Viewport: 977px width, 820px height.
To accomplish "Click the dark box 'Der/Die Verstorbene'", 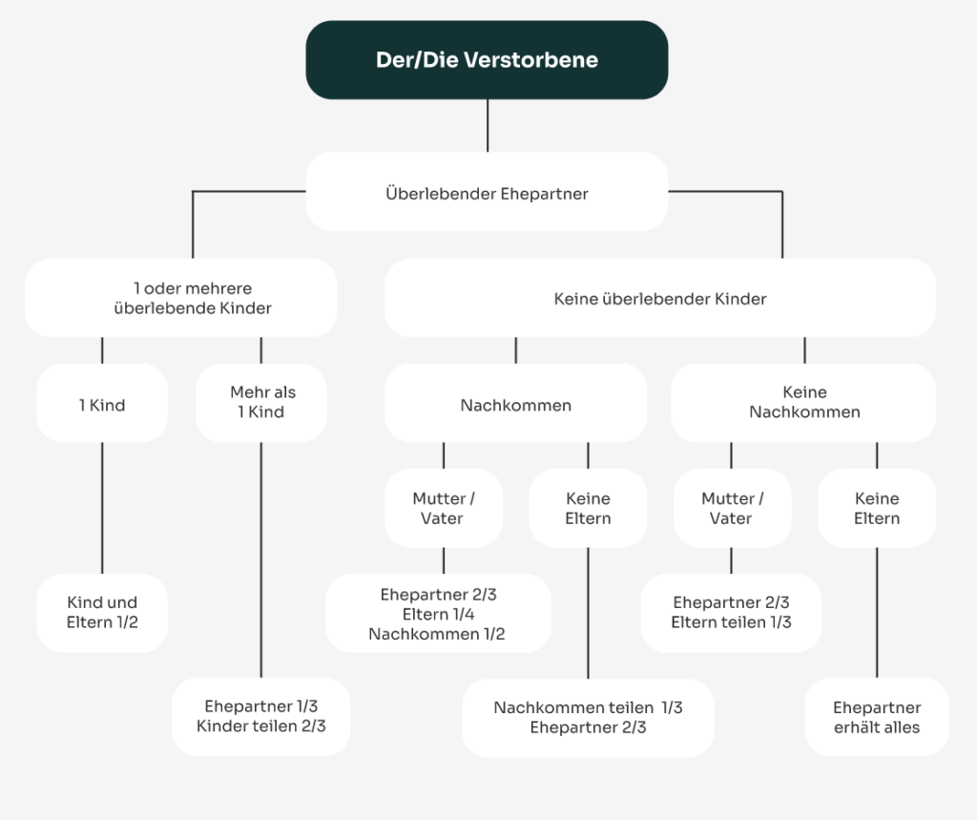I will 487,60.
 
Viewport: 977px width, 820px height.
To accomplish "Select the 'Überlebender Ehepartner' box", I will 487,193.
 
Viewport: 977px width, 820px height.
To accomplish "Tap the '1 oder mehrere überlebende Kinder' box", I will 181,298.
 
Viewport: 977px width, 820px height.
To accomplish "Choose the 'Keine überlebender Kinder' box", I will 659,299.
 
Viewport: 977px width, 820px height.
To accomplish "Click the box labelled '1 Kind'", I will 102,404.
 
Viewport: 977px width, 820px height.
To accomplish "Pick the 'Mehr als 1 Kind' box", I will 260,402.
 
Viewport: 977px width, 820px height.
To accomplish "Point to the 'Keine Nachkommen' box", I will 803,402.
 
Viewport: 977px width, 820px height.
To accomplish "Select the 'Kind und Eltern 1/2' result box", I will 102,613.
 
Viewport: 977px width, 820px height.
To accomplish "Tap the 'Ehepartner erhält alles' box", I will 877,717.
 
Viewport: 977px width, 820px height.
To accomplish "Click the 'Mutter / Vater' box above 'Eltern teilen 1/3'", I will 731,508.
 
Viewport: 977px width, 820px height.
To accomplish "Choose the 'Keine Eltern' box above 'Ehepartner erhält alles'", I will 877,508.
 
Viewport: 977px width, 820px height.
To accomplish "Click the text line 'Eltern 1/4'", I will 438,614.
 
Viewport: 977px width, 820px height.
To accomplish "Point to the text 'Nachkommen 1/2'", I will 438,634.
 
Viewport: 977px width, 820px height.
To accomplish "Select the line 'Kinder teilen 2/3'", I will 260,726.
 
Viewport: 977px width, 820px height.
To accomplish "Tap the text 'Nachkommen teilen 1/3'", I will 588,707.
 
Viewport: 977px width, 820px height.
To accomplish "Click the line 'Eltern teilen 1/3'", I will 731,622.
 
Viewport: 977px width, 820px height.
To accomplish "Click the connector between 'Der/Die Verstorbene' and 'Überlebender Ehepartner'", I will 488,125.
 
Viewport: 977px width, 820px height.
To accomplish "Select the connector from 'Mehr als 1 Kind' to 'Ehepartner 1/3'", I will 260,559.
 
